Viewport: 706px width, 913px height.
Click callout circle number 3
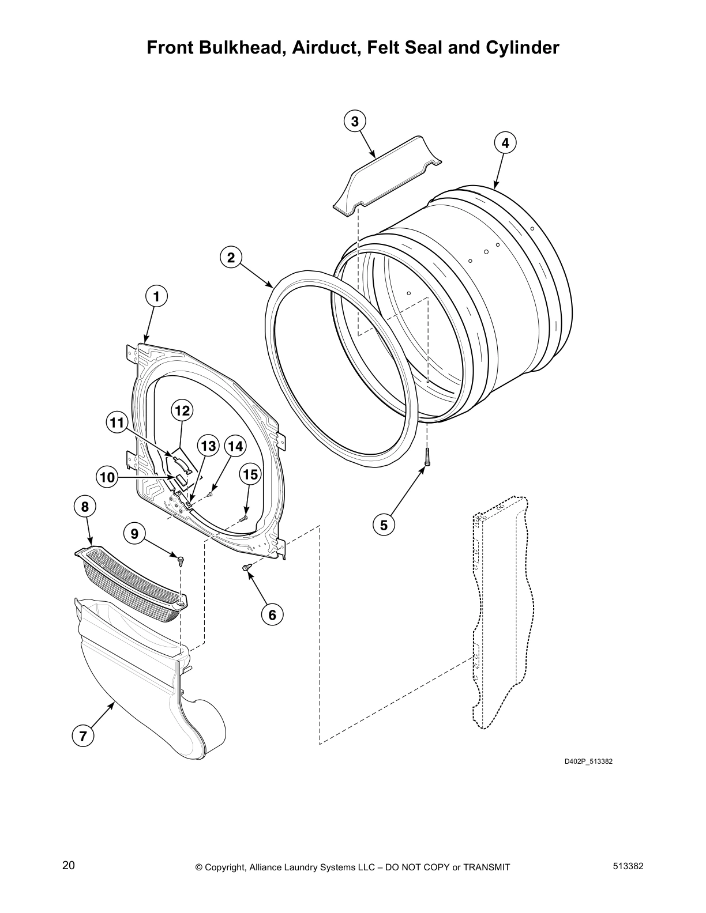355,122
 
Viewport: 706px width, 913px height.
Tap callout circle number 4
505,142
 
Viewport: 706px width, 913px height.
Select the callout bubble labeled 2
231,258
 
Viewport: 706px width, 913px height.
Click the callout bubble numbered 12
182,411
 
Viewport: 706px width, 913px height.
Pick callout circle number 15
250,474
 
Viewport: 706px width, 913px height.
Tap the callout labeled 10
107,477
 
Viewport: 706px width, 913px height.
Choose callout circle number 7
83,736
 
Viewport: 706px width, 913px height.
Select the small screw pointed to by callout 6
248,568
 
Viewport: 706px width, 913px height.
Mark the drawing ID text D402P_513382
588,761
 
